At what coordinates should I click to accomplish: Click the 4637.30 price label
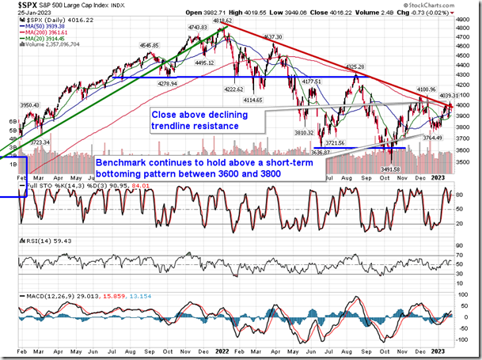point(273,37)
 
